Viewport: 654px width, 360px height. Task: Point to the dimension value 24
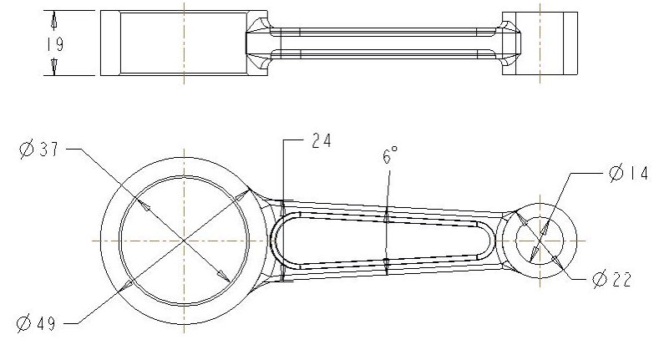pyautogui.click(x=320, y=141)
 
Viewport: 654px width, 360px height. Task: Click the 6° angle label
pyautogui.click(x=390, y=155)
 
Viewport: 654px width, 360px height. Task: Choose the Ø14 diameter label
pyautogui.click(x=628, y=174)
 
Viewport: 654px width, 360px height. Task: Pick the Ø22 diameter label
pyautogui.click(x=611, y=281)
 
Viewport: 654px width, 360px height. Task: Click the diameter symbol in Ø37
pyautogui.click(x=26, y=150)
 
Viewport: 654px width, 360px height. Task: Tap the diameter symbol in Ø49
pyautogui.click(x=25, y=322)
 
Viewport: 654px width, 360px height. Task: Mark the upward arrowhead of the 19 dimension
pyautogui.click(x=54, y=18)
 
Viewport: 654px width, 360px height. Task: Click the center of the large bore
pyautogui.click(x=183, y=240)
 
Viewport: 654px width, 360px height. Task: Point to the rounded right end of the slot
pyautogui.click(x=489, y=240)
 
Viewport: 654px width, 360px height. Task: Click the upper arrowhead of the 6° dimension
pyautogui.click(x=388, y=219)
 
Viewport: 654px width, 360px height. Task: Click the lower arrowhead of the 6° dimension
pyautogui.click(x=388, y=262)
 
